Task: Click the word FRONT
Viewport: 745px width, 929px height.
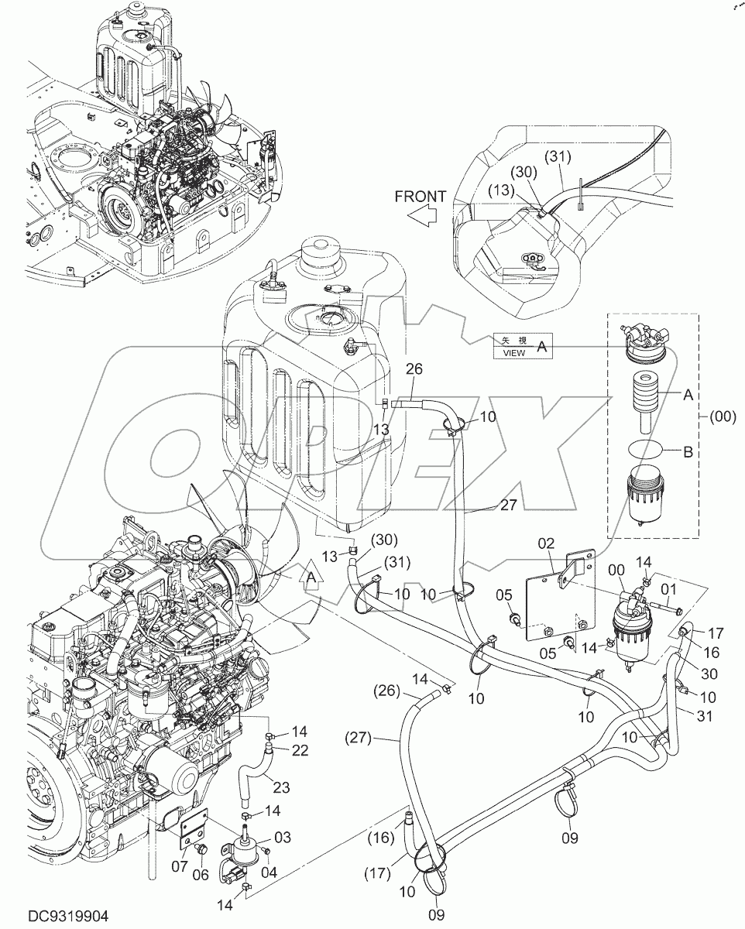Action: [x=421, y=197]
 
